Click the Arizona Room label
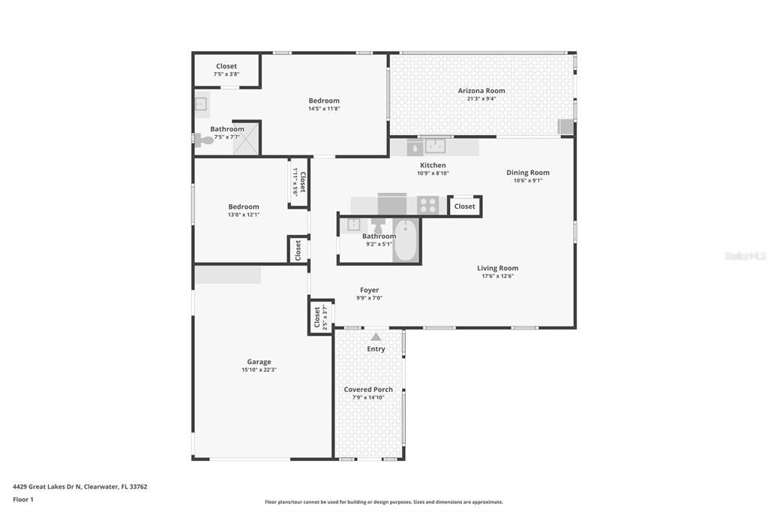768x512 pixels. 481,91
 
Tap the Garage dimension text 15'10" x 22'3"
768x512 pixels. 259,370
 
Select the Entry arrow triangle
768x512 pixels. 376,337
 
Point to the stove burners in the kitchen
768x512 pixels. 428,205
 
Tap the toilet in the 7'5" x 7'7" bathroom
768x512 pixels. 202,139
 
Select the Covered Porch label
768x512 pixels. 368,390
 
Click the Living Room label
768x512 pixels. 497,268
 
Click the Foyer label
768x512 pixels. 369,290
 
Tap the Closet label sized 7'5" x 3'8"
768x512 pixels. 226,66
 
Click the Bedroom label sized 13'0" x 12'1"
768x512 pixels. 244,207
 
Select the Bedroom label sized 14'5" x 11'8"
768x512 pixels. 324,101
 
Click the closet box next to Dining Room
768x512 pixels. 464,206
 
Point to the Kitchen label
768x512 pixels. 433,165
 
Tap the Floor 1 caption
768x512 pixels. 24,499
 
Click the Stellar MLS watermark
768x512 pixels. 745,256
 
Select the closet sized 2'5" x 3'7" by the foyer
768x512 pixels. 320,316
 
